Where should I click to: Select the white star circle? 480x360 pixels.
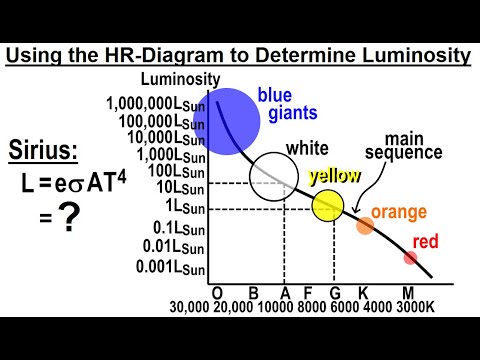(272, 176)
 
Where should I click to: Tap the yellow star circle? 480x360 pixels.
(327, 205)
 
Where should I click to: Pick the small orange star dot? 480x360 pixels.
(365, 225)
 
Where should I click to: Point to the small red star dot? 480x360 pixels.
(410, 257)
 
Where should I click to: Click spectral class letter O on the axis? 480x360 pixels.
(216, 292)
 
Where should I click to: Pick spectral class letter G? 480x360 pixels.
(334, 292)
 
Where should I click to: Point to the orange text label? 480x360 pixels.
(399, 212)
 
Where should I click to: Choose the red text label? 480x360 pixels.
(426, 242)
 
